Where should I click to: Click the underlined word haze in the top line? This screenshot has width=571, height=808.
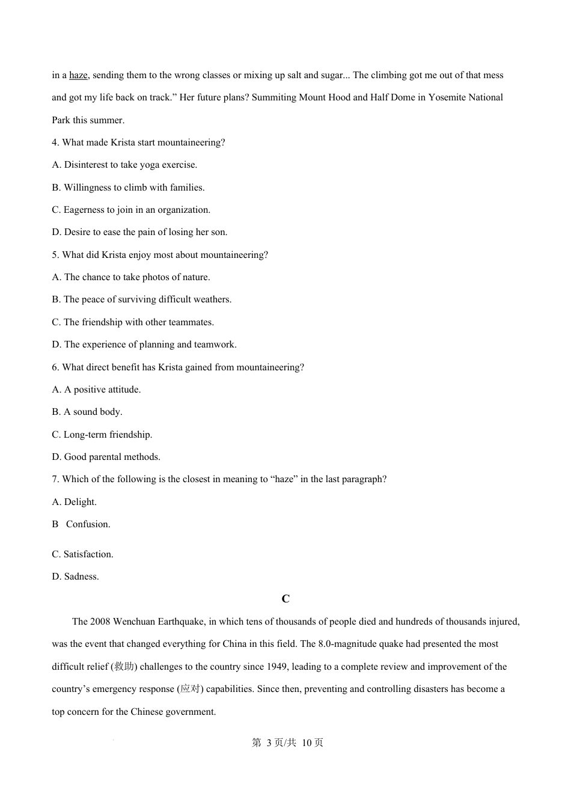[x=78, y=75]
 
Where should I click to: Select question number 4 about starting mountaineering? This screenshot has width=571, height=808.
[x=138, y=142]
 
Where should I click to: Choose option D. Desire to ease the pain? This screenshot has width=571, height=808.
[x=139, y=232]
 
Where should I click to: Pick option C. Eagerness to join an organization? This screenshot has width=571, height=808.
[x=131, y=210]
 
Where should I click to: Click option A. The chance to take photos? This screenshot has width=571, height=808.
[x=130, y=277]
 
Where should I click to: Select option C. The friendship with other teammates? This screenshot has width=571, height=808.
[x=132, y=322]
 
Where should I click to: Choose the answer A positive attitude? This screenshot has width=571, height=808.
[x=96, y=390]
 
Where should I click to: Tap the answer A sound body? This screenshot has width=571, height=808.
[x=87, y=412]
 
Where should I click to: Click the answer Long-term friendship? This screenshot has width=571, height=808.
[x=102, y=435]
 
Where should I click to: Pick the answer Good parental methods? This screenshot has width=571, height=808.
[x=106, y=457]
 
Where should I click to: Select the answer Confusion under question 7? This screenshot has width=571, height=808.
[x=88, y=524]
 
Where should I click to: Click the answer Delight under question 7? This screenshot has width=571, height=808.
[x=75, y=502]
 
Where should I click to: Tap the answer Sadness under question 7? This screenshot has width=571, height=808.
[x=76, y=577]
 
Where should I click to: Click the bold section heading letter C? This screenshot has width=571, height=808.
[x=285, y=599]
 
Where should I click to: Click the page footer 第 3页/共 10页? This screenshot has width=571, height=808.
[x=287, y=743]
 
